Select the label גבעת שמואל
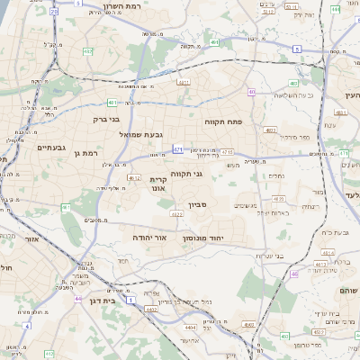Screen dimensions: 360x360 click(139, 135)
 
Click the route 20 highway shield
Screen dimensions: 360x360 click(53, 12)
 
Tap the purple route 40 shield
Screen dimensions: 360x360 click(253, 92)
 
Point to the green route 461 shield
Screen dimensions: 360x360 click(66, 208)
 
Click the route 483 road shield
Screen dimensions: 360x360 click(294, 83)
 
